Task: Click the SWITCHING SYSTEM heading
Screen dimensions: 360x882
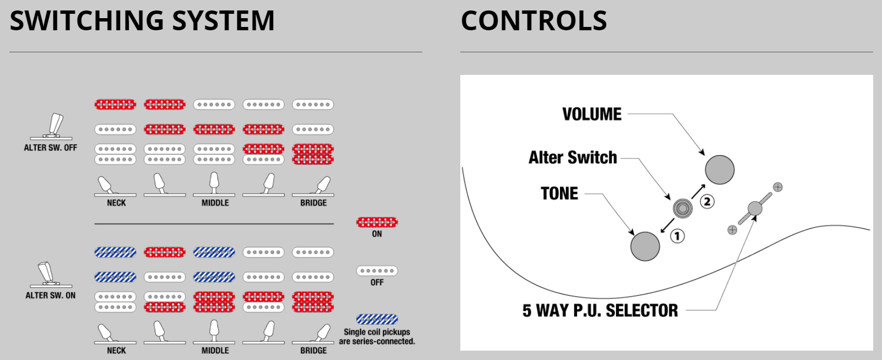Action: [142, 21]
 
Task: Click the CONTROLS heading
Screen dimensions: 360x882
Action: [533, 21]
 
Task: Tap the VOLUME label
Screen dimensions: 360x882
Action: [591, 114]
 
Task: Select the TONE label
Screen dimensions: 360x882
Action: [559, 194]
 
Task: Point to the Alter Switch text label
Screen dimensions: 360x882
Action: [573, 158]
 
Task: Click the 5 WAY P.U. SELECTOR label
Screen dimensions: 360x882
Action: [600, 310]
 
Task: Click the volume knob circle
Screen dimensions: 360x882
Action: [720, 170]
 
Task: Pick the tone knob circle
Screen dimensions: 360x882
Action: [645, 246]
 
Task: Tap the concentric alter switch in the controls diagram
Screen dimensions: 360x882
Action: [683, 208]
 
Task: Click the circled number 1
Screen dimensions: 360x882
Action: [677, 236]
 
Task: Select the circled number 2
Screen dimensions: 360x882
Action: [707, 201]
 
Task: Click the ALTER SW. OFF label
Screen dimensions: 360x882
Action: [51, 148]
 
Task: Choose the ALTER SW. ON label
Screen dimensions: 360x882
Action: [51, 296]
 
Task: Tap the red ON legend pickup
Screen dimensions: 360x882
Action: [377, 222]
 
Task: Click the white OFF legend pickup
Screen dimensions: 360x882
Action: [377, 271]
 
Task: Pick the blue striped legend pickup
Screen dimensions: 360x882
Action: [377, 319]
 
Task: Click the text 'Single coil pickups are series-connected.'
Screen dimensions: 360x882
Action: [377, 337]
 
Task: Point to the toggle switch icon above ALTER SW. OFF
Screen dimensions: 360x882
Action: [53, 126]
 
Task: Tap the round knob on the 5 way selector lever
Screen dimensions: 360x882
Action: [755, 209]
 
